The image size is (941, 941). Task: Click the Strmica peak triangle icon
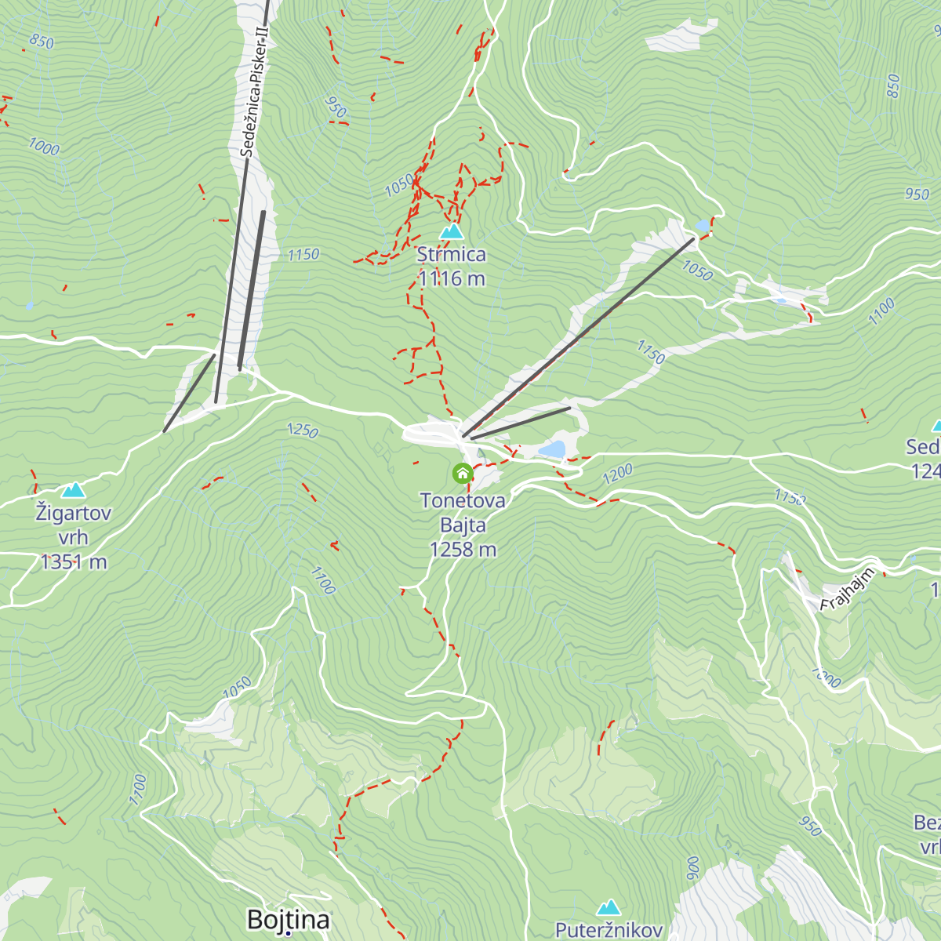pyautogui.click(x=451, y=231)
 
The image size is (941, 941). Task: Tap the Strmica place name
pyautogui.click(x=451, y=255)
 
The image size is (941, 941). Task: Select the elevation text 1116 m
pyautogui.click(x=452, y=278)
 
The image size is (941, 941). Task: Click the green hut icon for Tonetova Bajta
pyautogui.click(x=463, y=473)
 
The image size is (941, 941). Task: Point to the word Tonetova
pyautogui.click(x=463, y=500)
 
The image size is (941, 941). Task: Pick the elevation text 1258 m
pyautogui.click(x=463, y=550)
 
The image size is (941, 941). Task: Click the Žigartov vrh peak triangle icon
pyautogui.click(x=74, y=490)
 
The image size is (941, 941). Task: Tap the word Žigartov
pyautogui.click(x=74, y=514)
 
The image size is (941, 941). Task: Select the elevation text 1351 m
pyautogui.click(x=74, y=562)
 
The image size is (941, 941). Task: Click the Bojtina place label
pyautogui.click(x=289, y=920)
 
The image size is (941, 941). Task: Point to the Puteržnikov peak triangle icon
pyautogui.click(x=609, y=908)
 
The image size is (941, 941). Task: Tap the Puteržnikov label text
pyautogui.click(x=609, y=931)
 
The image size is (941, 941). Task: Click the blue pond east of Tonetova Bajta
pyautogui.click(x=552, y=449)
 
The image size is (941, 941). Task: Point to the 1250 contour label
pyautogui.click(x=303, y=430)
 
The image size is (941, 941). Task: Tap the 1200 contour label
pyautogui.click(x=617, y=474)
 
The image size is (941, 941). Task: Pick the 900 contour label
pyautogui.click(x=692, y=868)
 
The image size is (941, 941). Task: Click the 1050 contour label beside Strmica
pyautogui.click(x=399, y=186)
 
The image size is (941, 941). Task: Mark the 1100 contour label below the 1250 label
pyautogui.click(x=322, y=581)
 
